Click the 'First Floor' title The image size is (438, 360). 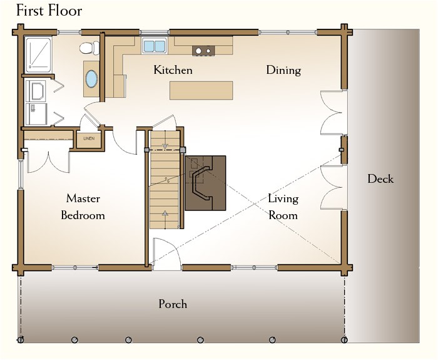(x=49, y=11)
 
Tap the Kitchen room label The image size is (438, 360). (x=173, y=70)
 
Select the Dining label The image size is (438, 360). (x=283, y=70)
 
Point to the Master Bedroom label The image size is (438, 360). (x=83, y=207)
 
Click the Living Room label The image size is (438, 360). (x=283, y=207)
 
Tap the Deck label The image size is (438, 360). (x=380, y=179)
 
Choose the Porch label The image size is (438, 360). (x=173, y=304)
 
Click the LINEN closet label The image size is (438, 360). (x=89, y=138)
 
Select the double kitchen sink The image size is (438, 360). (x=155, y=46)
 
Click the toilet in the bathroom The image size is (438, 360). (x=89, y=48)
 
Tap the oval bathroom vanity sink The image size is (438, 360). (x=91, y=78)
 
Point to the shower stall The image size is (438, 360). (x=38, y=55)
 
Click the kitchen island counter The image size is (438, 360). (x=201, y=90)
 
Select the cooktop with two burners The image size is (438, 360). (x=203, y=51)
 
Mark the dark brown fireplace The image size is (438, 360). (x=205, y=183)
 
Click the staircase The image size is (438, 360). (x=165, y=180)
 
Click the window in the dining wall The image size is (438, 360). (x=288, y=33)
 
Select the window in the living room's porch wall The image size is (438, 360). (x=254, y=268)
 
